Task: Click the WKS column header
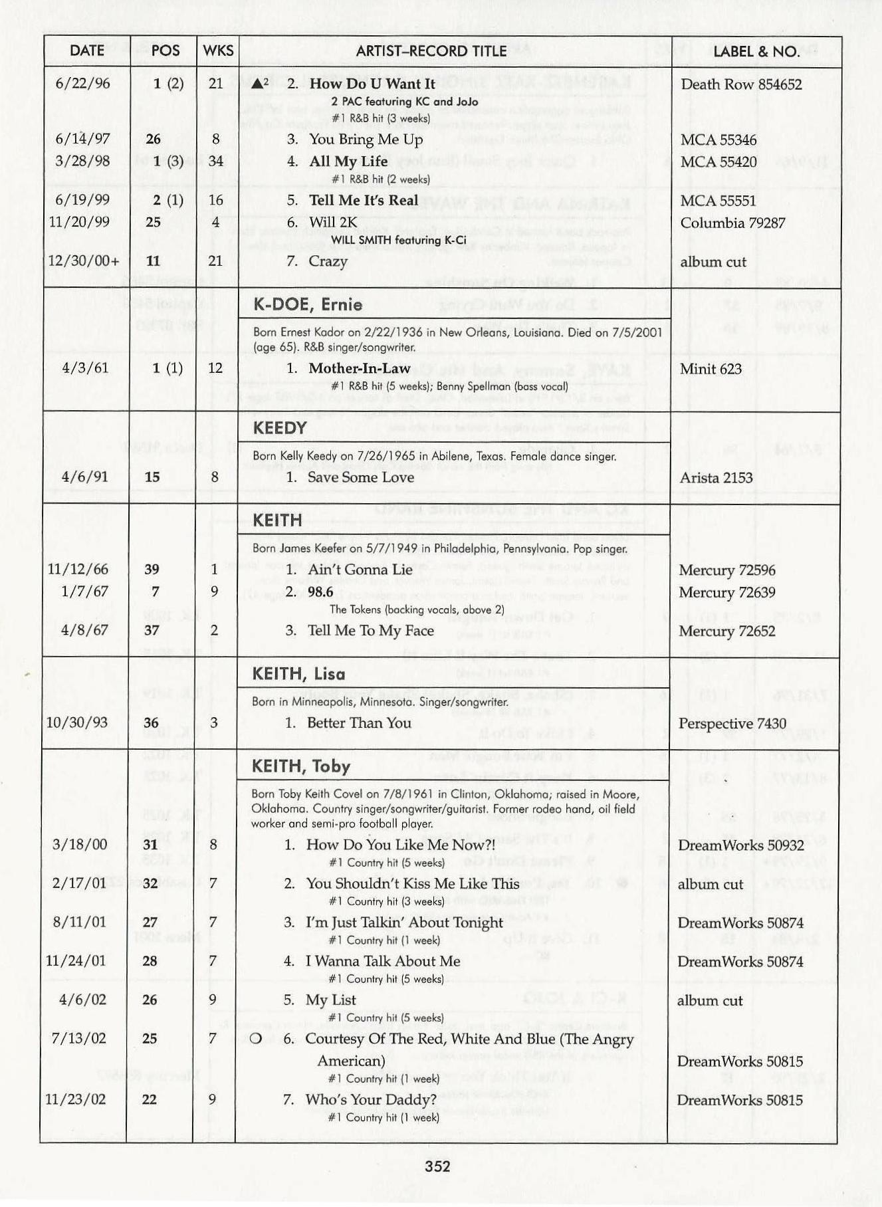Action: (218, 51)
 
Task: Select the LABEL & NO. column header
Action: (756, 51)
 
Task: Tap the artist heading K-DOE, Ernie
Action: (308, 305)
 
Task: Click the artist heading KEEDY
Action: (280, 428)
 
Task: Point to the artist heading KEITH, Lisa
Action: (298, 674)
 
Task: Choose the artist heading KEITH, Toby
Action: (300, 766)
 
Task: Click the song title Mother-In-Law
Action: (360, 368)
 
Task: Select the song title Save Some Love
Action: (360, 477)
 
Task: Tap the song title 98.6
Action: (320, 592)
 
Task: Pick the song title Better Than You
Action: (359, 723)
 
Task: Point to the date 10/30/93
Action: (79, 722)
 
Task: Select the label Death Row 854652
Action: (741, 84)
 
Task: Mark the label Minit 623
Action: (711, 369)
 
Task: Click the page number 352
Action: (437, 1166)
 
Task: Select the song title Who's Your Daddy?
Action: (371, 1099)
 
